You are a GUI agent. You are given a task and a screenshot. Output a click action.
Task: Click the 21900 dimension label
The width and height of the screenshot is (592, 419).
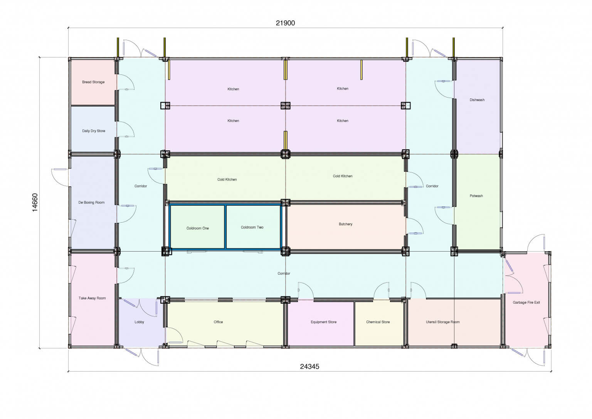click(x=285, y=23)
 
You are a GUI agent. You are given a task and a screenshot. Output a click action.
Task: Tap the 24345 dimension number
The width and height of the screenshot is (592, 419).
click(x=309, y=367)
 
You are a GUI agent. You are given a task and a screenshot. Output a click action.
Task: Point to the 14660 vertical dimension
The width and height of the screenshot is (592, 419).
click(x=35, y=203)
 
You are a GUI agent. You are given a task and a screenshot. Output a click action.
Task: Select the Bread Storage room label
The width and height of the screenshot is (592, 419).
click(x=93, y=82)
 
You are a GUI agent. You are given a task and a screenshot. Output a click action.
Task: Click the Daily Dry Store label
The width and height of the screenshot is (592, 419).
click(x=94, y=131)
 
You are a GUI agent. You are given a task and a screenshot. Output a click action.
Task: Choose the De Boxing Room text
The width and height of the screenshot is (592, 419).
click(x=91, y=203)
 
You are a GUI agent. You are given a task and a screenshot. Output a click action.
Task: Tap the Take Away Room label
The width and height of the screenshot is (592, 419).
click(x=92, y=298)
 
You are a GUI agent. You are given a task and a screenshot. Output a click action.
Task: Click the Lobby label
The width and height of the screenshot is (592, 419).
click(x=139, y=322)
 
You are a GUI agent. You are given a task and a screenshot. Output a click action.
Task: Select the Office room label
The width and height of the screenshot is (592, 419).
click(x=218, y=322)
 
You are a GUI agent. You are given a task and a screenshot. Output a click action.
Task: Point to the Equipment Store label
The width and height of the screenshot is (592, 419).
click(x=323, y=322)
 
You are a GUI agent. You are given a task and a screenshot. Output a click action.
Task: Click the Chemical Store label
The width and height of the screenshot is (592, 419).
click(x=378, y=322)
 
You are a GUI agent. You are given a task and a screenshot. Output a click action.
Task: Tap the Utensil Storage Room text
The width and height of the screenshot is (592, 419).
click(x=443, y=322)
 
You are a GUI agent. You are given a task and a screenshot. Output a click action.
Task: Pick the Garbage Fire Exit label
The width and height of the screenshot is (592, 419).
click(x=526, y=302)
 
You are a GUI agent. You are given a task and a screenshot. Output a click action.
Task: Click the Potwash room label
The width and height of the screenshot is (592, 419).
click(x=476, y=196)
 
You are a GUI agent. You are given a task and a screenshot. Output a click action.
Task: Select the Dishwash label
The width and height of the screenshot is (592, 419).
click(x=477, y=100)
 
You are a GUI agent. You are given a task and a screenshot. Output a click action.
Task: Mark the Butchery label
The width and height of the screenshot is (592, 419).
click(x=345, y=224)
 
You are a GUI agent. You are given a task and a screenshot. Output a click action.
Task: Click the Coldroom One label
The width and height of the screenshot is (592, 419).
click(x=198, y=228)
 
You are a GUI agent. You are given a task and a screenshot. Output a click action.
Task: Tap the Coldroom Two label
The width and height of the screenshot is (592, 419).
click(x=252, y=227)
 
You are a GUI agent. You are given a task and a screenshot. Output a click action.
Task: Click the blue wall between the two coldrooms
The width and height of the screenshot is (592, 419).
click(x=225, y=227)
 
